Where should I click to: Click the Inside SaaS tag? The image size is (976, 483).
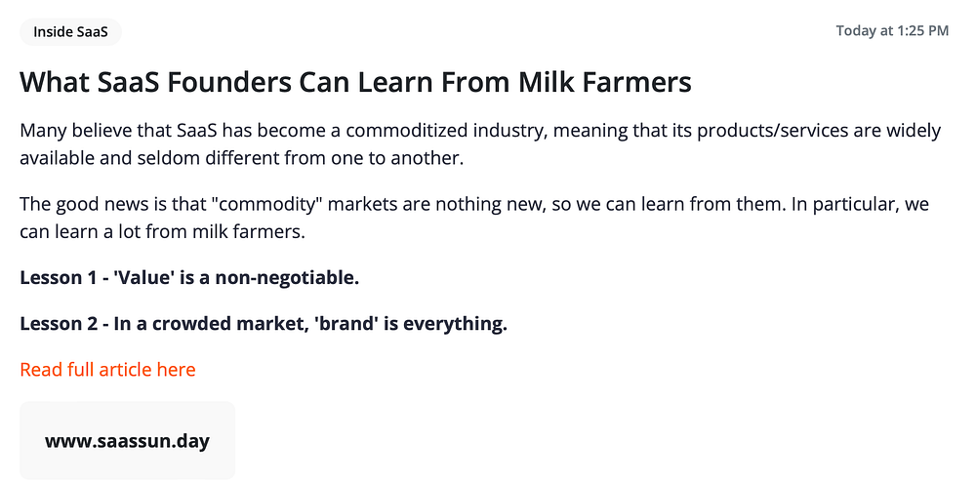point(70,32)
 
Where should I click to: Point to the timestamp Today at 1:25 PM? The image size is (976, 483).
point(892,31)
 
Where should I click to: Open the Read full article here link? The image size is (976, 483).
point(107,370)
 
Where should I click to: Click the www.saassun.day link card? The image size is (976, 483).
point(128,441)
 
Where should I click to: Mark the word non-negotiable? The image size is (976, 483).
point(288,277)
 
